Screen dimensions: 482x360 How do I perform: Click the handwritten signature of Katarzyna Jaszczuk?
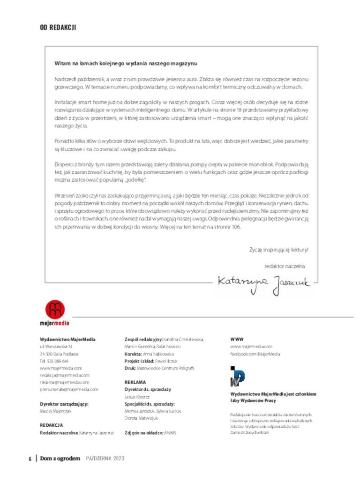pos(263,282)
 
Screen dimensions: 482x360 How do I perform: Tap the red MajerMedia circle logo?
pos(55,309)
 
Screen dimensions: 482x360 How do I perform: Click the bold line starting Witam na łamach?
pos(126,63)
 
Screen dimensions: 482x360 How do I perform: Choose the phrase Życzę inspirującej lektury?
pos(278,250)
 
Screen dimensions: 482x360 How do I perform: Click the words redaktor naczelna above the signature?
pos(285,266)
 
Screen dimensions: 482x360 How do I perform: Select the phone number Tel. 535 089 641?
pos(54,361)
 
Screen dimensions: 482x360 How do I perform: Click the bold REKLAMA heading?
pos(135,382)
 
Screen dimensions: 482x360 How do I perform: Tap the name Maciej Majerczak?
pos(55,410)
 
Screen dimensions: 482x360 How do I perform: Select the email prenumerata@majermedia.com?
pos(69,389)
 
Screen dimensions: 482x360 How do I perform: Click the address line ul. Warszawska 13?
pos(56,346)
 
